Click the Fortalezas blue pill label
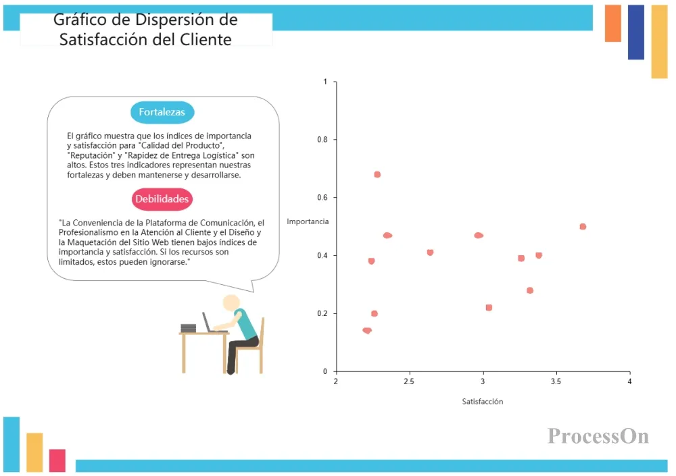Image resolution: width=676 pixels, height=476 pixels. point(162,112)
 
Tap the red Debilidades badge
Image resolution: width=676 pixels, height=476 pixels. point(162,199)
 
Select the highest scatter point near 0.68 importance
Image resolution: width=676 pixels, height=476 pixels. point(377,174)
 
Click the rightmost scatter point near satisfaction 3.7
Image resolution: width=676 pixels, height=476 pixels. point(583,227)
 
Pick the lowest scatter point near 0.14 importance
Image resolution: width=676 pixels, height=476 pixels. point(367,330)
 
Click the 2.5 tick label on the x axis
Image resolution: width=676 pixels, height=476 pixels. point(409,381)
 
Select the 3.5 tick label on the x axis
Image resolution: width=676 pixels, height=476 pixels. point(556,381)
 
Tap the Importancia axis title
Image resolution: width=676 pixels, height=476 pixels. point(308,221)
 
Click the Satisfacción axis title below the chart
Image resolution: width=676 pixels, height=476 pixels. point(483,402)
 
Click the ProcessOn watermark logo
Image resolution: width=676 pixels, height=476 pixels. point(598,436)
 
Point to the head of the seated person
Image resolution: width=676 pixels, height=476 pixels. point(231,303)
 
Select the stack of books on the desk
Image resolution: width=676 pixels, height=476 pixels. point(189,328)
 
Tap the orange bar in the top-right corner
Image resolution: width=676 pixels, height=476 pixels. point(613,23)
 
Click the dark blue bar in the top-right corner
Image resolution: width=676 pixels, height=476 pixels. point(636,32)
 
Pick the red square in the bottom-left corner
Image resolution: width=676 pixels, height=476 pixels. point(57,460)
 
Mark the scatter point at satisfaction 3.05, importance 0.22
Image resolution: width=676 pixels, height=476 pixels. point(489,308)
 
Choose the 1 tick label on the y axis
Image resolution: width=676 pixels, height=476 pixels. point(325,82)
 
